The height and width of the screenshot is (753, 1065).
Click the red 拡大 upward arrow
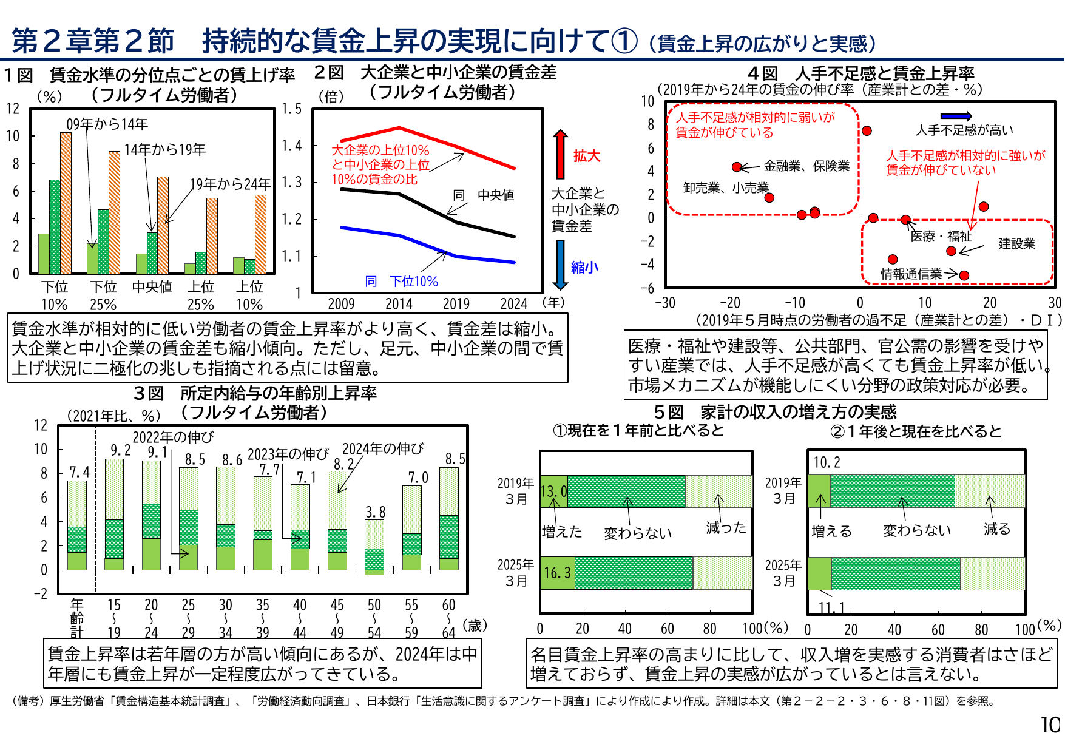[561, 154]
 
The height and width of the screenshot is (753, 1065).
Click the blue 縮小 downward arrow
[561, 265]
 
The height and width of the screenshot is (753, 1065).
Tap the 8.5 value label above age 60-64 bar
[455, 459]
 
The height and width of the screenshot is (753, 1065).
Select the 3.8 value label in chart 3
[375, 512]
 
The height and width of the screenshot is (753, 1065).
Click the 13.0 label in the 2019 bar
[553, 491]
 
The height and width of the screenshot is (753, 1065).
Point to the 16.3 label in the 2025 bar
[557, 573]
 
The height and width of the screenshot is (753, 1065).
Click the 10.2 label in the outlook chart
[827, 462]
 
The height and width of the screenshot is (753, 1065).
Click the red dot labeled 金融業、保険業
[737, 167]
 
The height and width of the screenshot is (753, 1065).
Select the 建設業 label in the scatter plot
[1016, 244]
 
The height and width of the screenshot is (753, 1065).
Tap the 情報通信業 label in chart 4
[911, 274]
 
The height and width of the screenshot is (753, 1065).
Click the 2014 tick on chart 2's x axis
[399, 304]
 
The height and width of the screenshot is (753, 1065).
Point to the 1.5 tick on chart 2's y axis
[291, 109]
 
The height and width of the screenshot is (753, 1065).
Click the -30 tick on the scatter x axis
[665, 303]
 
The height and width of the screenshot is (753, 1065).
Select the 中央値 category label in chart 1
[152, 286]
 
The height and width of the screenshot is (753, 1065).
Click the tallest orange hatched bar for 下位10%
[66, 203]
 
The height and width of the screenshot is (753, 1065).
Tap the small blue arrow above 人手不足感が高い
[956, 116]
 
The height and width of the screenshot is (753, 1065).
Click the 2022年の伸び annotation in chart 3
[173, 437]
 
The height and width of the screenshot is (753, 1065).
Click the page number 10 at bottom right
[1050, 724]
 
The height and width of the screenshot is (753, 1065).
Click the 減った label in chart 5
[726, 528]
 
